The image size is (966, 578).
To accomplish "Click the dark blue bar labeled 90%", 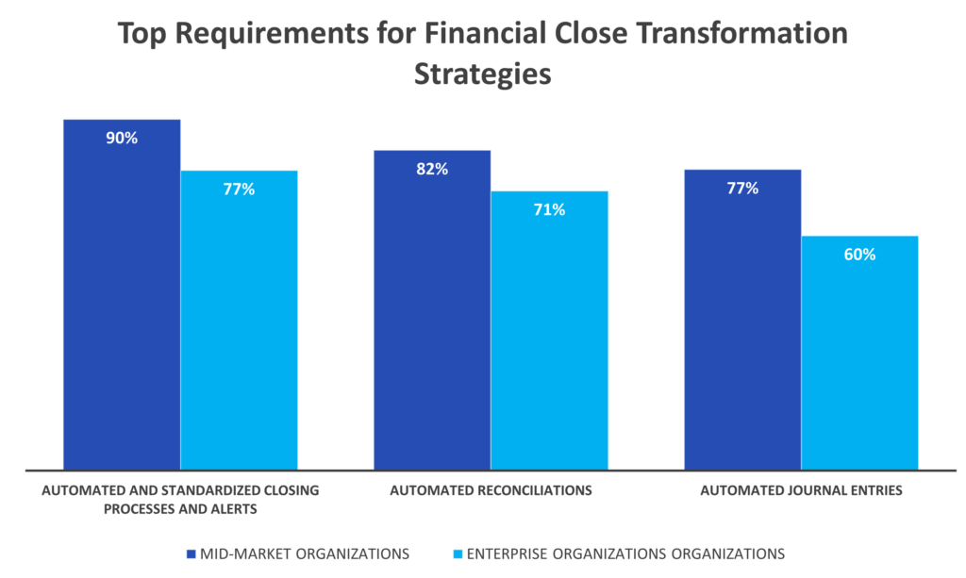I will (x=122, y=302).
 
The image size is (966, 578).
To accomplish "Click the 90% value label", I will (x=122, y=139).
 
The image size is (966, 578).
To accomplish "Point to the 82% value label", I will (x=432, y=170).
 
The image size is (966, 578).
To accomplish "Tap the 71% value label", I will (x=549, y=210).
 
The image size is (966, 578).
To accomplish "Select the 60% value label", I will (x=859, y=255).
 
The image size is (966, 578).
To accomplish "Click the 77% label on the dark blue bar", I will (x=742, y=189).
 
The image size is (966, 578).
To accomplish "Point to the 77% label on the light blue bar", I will (x=239, y=190).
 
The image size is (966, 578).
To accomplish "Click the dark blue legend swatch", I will (x=191, y=554).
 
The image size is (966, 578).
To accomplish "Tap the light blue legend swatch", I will (x=458, y=554).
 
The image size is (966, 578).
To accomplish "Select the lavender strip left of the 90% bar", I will (x=31, y=292).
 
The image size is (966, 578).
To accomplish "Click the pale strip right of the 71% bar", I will (x=645, y=330).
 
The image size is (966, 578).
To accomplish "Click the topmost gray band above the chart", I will (x=483, y=35).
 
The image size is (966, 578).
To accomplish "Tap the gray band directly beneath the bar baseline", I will (x=483, y=490).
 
